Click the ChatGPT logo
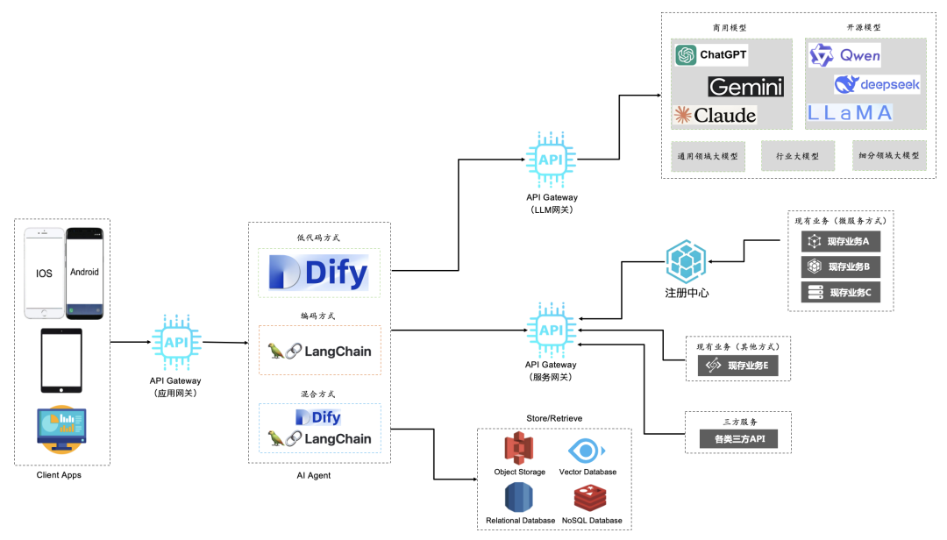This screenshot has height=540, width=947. pos(711,55)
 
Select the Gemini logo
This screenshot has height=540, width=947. pos(745,87)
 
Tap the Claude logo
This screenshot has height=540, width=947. pos(715,115)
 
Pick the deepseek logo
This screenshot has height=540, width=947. pos(876,84)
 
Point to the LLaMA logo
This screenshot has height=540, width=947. pos(850,112)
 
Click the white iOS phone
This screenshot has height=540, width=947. pos(44,273)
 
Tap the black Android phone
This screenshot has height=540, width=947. pos(85,273)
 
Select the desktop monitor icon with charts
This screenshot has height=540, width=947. pos(61,430)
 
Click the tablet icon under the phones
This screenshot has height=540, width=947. pos(61,360)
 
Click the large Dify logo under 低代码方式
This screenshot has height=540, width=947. pos(319,273)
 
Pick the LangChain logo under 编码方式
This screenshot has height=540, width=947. pos(320,352)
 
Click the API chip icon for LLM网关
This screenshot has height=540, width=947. pos(551,160)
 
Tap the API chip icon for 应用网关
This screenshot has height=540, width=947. pos(176,342)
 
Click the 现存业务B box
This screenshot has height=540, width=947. pos(841,266)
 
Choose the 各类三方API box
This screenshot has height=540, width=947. pos(737,438)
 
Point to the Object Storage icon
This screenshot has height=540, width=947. pos(519,449)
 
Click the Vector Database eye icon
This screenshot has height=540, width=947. pos(587,451)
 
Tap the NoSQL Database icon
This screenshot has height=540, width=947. pos(591,498)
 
